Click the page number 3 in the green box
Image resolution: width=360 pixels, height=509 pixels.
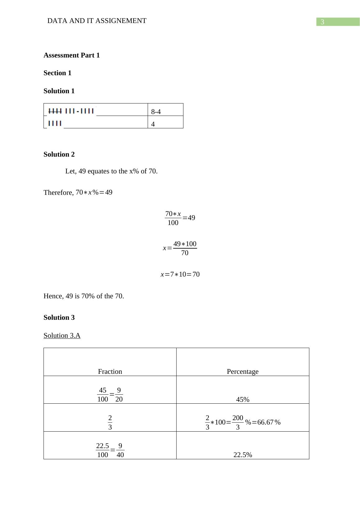pos(322,22)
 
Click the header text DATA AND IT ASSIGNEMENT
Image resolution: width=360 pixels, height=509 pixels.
pos(97,21)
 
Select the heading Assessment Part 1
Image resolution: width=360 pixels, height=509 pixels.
pos(72,55)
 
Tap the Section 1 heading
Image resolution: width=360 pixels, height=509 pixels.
pos(58,73)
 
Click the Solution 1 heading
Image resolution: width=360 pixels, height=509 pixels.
pos(59,91)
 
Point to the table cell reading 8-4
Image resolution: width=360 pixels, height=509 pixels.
pos(156,112)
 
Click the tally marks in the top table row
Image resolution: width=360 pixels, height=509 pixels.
pos(71,111)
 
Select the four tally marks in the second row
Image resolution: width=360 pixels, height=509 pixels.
pos(55,123)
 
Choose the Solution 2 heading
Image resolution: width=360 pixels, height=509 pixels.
pos(59,154)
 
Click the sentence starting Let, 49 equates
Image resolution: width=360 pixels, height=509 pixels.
pos(111,171)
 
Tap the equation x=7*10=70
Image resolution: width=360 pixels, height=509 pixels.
pos(180,274)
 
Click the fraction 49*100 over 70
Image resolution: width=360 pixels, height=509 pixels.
pos(185,248)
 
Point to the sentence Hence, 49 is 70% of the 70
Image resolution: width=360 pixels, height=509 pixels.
pos(84,296)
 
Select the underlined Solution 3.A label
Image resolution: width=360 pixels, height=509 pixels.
pos(62,336)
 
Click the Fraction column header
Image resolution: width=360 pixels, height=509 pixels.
pos(110,372)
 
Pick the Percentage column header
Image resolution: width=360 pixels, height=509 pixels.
pos(242,372)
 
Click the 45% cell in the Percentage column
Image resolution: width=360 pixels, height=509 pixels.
pos(242,400)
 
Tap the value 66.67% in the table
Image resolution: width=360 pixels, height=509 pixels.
pos(269,422)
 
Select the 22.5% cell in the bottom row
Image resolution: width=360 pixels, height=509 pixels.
pos(242,455)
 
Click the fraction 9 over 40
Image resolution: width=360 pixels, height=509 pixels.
pos(120,450)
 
